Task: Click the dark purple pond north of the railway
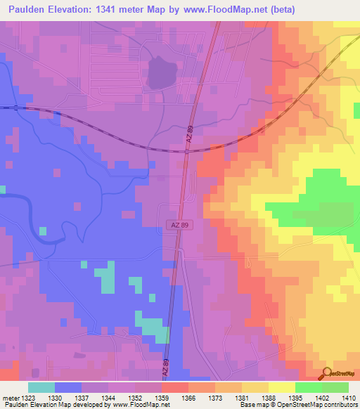tap(162, 72)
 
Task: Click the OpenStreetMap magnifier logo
tap(327, 374)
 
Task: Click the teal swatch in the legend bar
tap(41, 387)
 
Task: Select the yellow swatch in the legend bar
tap(282, 387)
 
